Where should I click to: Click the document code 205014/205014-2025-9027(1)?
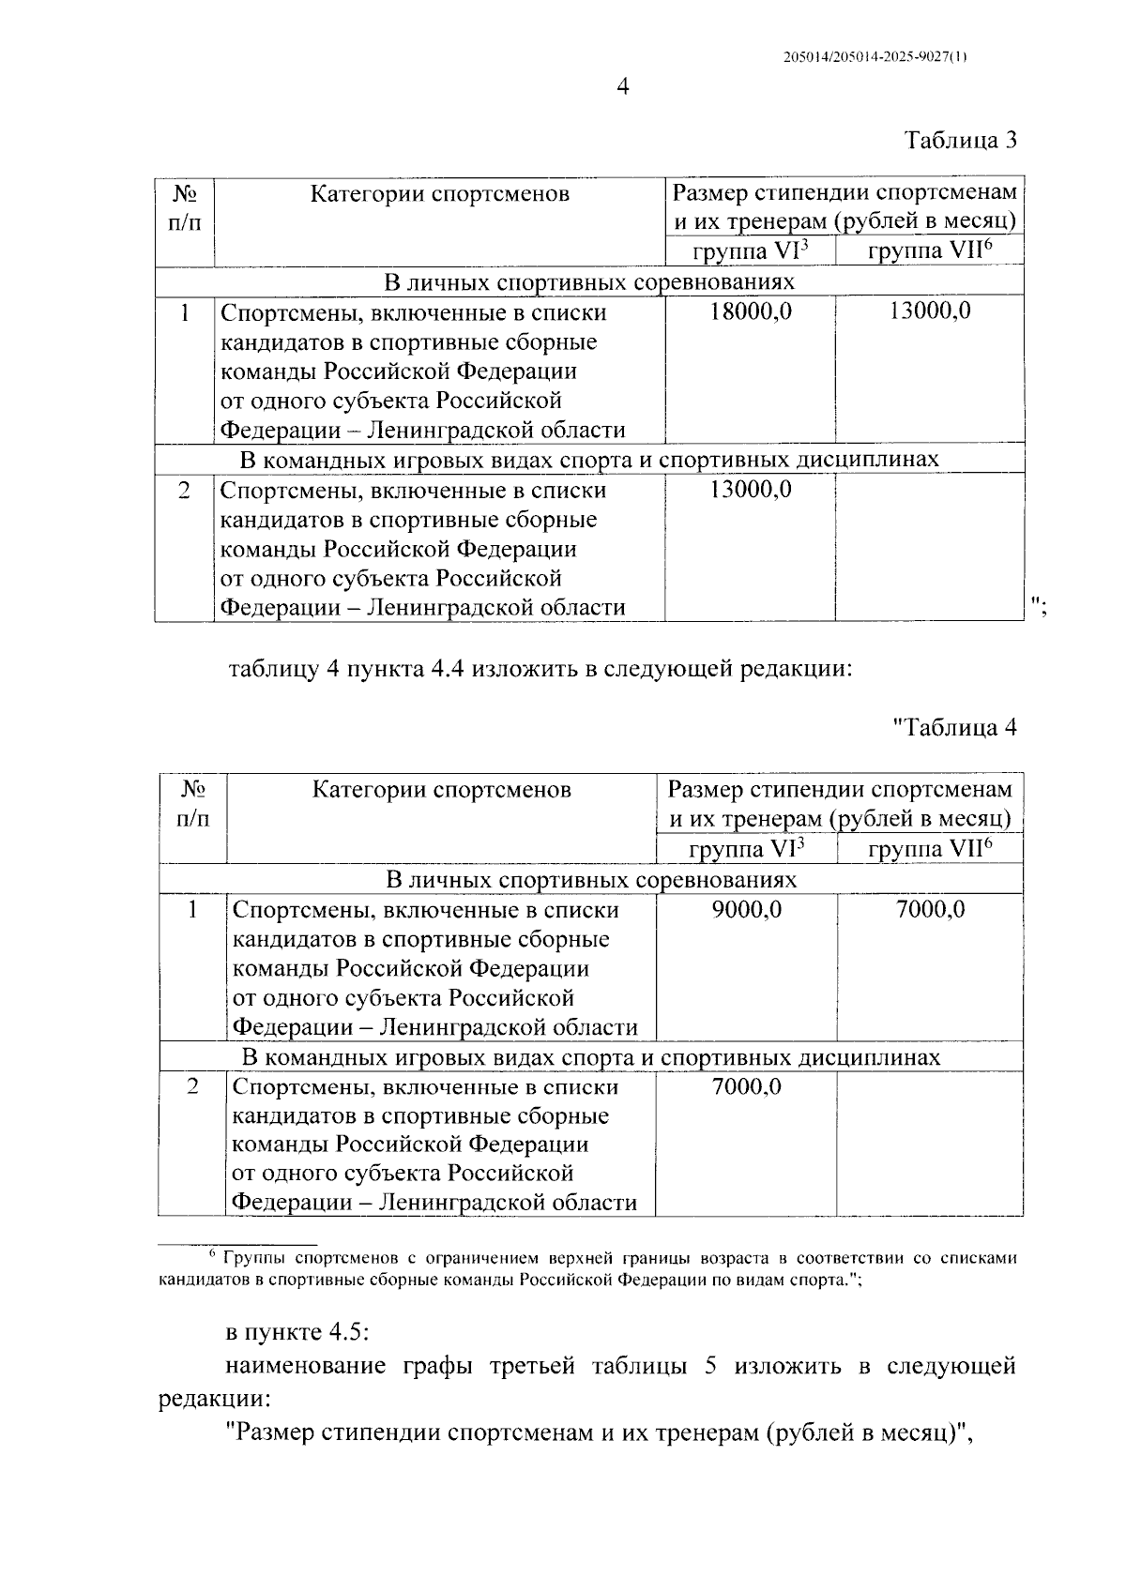[874, 56]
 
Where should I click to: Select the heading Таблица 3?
[960, 141]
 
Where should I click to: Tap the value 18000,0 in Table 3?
[750, 311]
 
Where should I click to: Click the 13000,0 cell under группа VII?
[929, 311]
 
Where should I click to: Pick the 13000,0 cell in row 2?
[750, 490]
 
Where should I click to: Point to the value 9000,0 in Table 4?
[747, 909]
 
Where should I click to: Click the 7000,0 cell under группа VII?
[930, 909]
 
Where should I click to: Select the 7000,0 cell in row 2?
[747, 1086]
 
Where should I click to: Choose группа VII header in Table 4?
[930, 849]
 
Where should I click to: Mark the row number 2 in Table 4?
[192, 1087]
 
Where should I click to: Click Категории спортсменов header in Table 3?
[440, 194]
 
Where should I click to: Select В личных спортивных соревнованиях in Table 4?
[591, 880]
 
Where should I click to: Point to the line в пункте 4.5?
[300, 1333]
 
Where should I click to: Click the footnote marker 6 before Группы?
[212, 1255]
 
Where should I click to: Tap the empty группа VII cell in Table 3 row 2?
[929, 549]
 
